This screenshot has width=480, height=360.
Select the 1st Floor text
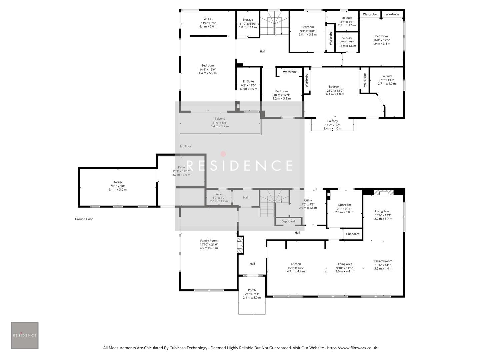tap(185, 146)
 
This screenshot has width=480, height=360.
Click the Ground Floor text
tap(84, 219)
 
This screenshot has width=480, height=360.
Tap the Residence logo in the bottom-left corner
tap(25, 335)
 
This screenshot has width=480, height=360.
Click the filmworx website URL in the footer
tap(352, 348)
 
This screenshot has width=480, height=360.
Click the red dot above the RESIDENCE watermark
tap(223, 154)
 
